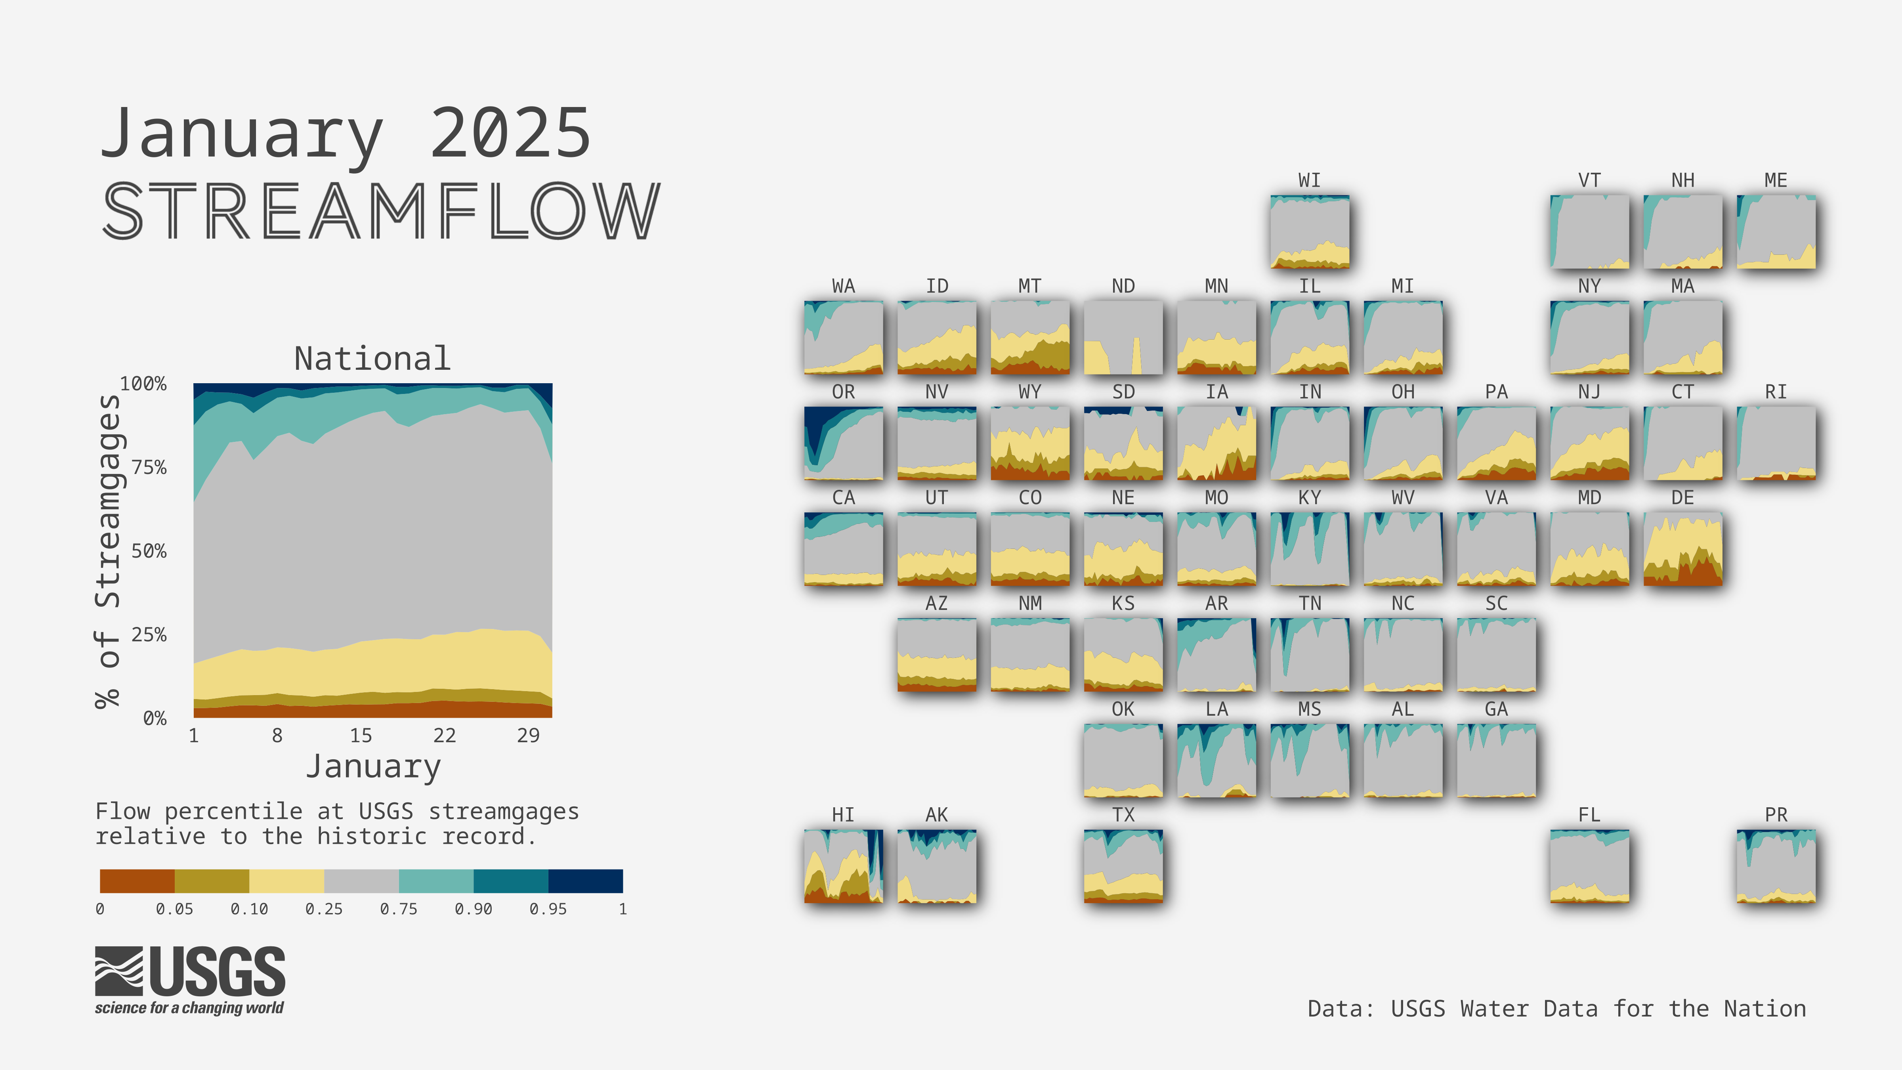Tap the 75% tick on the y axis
coord(149,468)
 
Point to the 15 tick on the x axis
coord(360,736)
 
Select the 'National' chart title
coord(372,359)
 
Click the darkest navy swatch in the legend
coord(586,881)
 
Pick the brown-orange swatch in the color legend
coord(137,881)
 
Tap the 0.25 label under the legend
coord(324,909)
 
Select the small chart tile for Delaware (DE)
coord(1683,548)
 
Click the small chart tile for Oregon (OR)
coord(843,443)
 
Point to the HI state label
coord(843,814)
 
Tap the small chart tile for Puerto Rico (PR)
coord(1776,866)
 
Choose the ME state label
coord(1776,180)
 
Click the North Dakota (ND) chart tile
coord(1123,338)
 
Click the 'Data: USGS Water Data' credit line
coord(1556,1009)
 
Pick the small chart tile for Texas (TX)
coord(1123,866)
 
